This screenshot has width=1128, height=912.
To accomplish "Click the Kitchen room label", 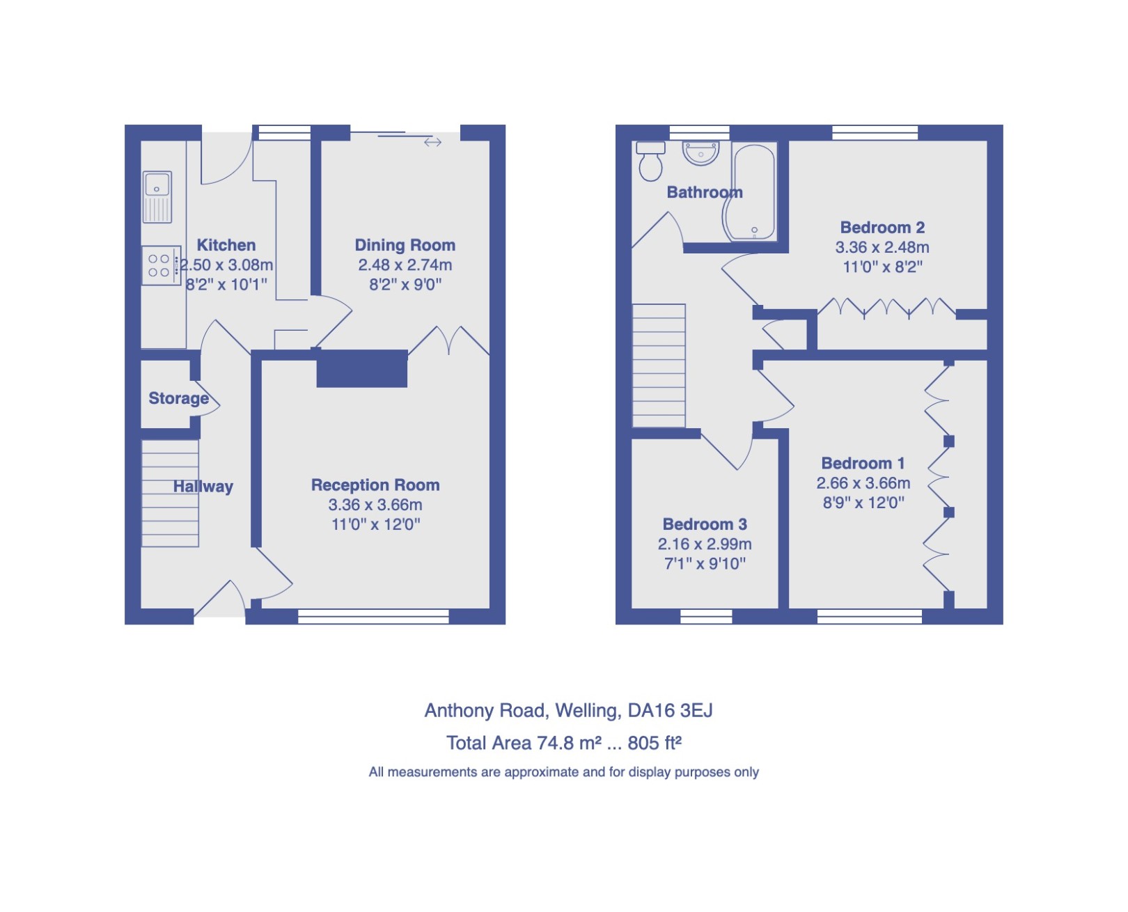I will click(x=226, y=245).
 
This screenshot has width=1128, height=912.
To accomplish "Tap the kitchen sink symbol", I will click(x=157, y=196).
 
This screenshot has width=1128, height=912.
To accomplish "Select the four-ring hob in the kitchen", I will click(x=159, y=265).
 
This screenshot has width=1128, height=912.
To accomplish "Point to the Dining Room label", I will click(x=405, y=245).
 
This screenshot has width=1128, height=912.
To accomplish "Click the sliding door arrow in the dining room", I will click(x=432, y=142).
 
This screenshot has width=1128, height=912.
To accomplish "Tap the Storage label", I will click(x=178, y=398).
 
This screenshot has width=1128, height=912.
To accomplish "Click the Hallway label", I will click(x=203, y=487).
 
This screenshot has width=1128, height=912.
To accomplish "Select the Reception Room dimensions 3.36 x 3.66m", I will click(x=375, y=505).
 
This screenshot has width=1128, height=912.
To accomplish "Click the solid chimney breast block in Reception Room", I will click(x=361, y=369).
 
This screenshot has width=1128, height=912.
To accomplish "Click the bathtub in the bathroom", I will click(x=750, y=192).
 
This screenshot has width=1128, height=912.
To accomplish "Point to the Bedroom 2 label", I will click(x=882, y=228).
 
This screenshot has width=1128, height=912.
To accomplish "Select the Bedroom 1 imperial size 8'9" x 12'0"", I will click(x=863, y=503).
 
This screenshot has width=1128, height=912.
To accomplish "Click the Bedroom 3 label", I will click(x=705, y=524).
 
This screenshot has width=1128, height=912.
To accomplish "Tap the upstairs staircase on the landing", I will click(x=658, y=365).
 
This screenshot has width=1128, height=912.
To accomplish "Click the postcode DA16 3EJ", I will click(x=670, y=710).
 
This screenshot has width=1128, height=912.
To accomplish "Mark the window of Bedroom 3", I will click(x=706, y=616).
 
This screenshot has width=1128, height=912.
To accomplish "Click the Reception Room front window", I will click(x=373, y=616).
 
